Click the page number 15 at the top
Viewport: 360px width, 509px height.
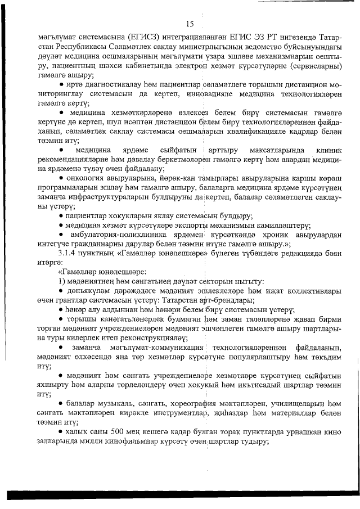(189, 24)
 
